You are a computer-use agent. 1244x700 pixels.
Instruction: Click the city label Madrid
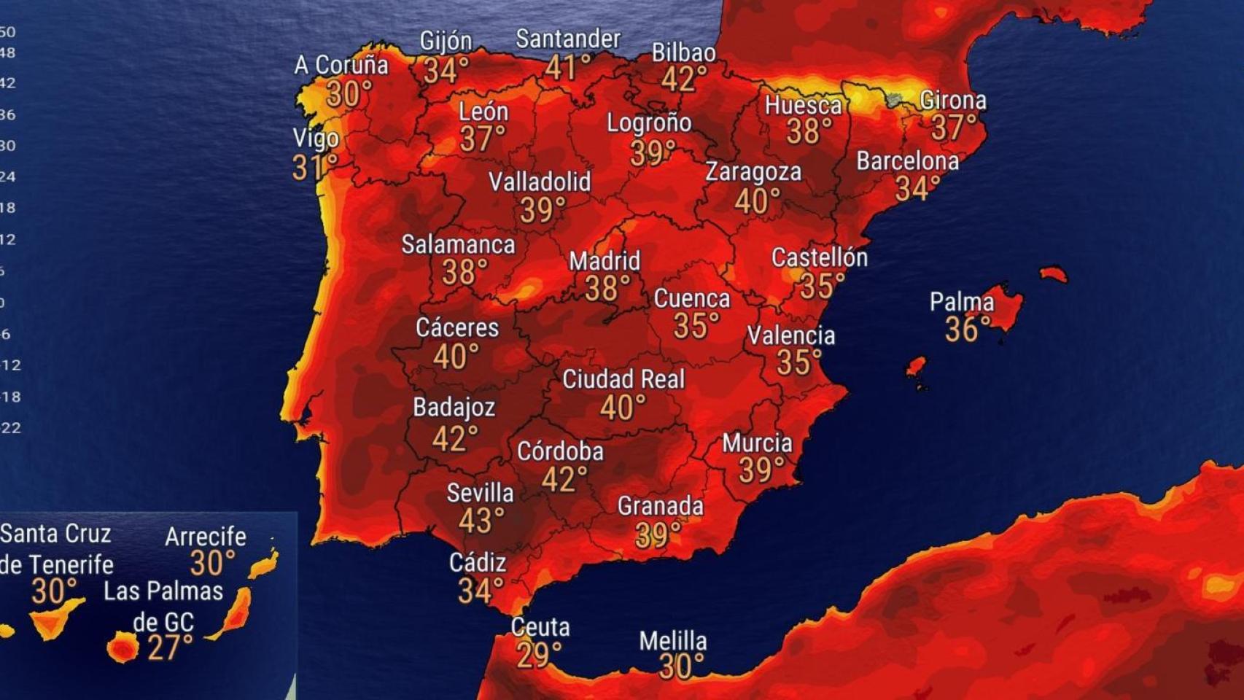pos(604,261)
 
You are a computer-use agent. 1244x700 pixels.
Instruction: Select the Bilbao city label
pos(683,52)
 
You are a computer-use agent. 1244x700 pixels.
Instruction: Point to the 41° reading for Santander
pos(568,69)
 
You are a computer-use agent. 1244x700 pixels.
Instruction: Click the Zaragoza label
pos(753,173)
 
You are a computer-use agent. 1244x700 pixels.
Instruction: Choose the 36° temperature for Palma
pos(968,330)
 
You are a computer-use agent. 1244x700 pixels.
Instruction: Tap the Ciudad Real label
pos(623,379)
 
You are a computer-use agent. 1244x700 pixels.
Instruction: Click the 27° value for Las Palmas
pos(170,647)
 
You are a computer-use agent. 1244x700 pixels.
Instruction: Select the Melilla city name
pos(672,642)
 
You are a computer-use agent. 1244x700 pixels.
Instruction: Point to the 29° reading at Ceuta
pos(539,656)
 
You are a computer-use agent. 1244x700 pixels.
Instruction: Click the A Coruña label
pos(341,66)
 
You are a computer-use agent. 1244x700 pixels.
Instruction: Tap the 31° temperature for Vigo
pos(314,168)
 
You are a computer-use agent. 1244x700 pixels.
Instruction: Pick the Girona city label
pos(952,101)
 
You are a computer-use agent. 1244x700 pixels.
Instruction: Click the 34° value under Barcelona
pos(912,189)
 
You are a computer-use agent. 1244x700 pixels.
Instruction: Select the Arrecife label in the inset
pos(206,537)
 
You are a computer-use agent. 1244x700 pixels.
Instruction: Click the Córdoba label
pos(560,452)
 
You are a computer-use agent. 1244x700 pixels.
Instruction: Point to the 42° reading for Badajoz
pos(454,439)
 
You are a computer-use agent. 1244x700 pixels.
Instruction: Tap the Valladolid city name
pos(540,182)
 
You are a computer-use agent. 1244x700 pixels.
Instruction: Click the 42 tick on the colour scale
pos(8,83)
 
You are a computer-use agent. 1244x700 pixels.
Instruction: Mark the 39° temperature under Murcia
pos(761,471)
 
